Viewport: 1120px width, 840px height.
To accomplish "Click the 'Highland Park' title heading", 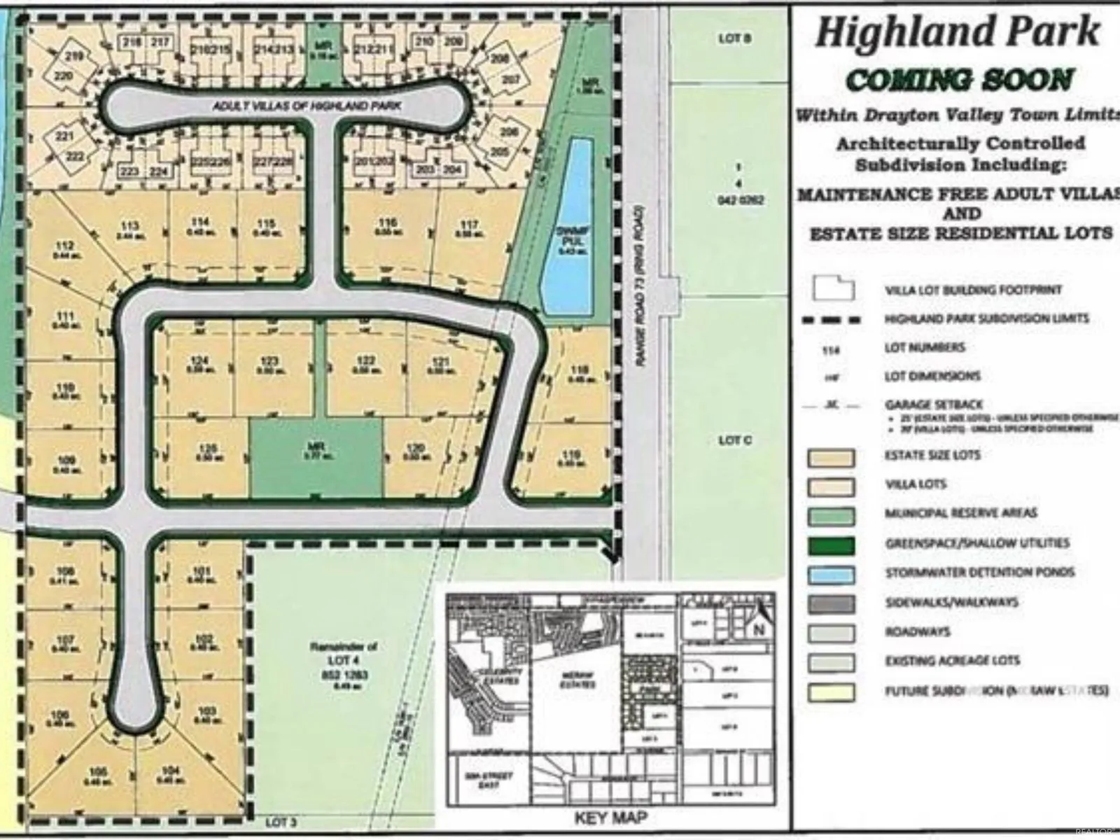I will tap(957, 32).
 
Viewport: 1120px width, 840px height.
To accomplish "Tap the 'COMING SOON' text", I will tap(959, 80).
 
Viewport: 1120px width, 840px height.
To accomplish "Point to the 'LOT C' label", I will tap(735, 440).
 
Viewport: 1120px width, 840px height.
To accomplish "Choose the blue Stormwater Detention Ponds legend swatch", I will tap(831, 574).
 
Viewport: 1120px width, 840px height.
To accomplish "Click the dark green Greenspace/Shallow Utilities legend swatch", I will tap(831, 545).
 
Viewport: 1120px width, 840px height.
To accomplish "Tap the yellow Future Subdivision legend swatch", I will tap(831, 692).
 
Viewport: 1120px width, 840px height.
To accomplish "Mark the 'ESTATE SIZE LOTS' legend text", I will tap(932, 456).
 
